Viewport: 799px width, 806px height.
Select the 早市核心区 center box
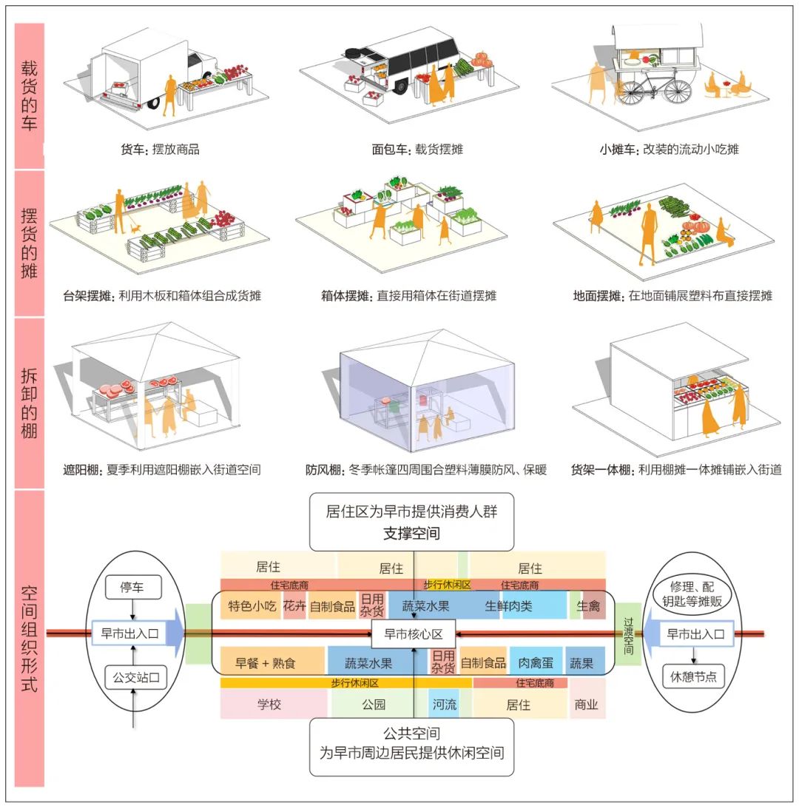413,634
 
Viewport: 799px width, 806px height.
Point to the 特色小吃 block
252,606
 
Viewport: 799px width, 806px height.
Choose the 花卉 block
294,606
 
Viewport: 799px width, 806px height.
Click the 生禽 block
593,606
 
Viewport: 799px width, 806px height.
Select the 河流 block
444,705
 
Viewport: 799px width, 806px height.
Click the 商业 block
587,705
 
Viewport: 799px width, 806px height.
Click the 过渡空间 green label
627,634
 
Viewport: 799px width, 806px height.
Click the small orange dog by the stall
134,229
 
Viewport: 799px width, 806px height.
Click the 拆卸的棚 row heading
29,403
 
